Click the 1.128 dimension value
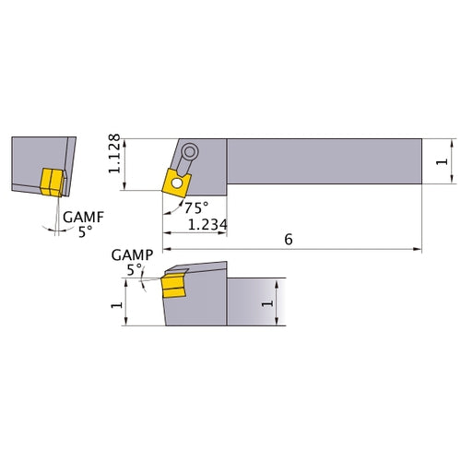click(115, 155)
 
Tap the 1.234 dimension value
click(208, 224)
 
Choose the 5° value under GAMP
click(135, 269)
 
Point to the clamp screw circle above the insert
click(190, 152)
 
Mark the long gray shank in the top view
click(323, 163)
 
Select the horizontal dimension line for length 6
click(350, 249)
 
